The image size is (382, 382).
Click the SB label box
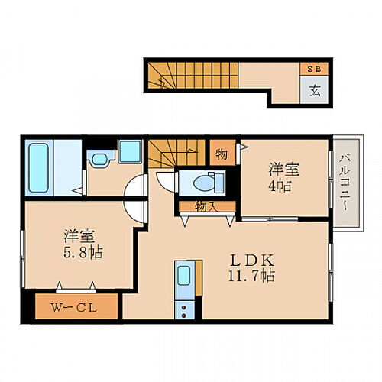click(x=315, y=69)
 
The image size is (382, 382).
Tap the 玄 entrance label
click(x=315, y=89)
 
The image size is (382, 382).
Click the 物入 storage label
click(x=204, y=206)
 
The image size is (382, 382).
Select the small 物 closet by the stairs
click(x=222, y=153)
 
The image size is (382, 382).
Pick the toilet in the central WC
click(x=206, y=183)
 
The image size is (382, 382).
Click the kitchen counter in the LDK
click(x=184, y=291)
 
